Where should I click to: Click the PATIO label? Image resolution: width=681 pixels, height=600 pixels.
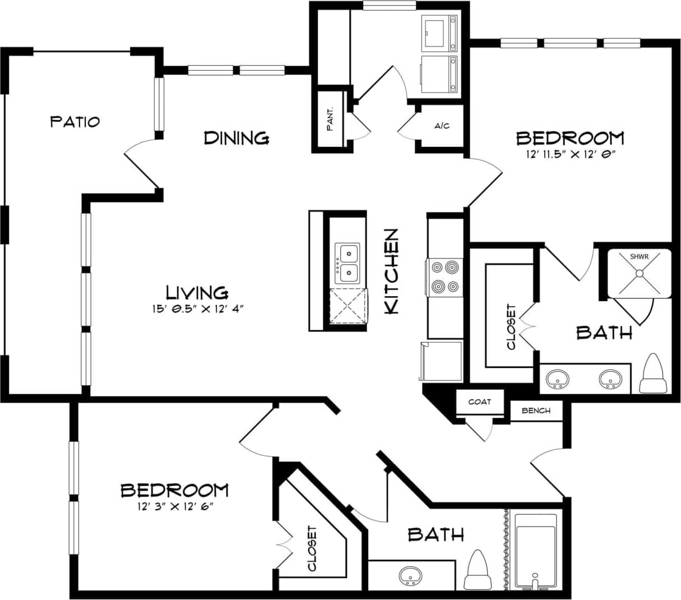pyautogui.click(x=75, y=121)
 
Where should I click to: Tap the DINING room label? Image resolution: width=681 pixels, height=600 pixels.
pyautogui.click(x=236, y=137)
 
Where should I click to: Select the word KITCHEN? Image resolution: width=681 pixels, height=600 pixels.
pyautogui.click(x=391, y=271)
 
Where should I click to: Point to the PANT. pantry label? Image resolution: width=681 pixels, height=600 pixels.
pyautogui.click(x=331, y=118)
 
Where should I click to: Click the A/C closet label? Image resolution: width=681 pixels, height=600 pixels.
pyautogui.click(x=442, y=126)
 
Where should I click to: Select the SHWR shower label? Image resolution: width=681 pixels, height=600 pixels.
pyautogui.click(x=639, y=256)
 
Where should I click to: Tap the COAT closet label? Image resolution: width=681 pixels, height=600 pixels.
pyautogui.click(x=479, y=401)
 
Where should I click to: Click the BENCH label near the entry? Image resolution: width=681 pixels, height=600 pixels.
pyautogui.click(x=535, y=410)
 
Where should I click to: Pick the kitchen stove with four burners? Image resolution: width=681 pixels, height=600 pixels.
pyautogui.click(x=444, y=277)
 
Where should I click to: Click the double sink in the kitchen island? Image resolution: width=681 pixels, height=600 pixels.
pyautogui.click(x=348, y=263)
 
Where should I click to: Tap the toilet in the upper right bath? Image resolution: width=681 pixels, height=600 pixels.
pyautogui.click(x=653, y=375)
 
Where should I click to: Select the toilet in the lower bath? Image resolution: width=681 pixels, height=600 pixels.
pyautogui.click(x=478, y=571)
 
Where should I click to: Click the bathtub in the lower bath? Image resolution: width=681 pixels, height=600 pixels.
pyautogui.click(x=536, y=551)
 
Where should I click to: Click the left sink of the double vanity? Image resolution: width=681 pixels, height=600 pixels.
pyautogui.click(x=558, y=379)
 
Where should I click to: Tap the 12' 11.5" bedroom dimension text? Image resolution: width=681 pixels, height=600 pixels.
pyautogui.click(x=569, y=154)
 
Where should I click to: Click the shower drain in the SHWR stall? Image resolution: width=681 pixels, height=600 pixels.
pyautogui.click(x=639, y=273)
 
